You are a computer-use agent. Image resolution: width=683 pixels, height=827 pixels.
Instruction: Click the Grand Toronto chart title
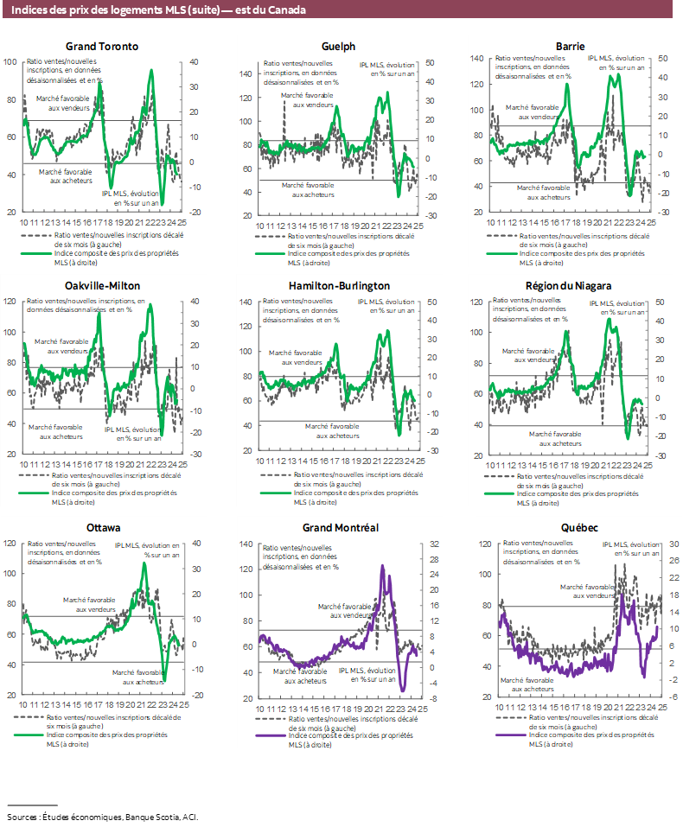pyautogui.click(x=102, y=47)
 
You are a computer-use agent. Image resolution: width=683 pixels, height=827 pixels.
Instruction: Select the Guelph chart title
pyautogui.click(x=337, y=47)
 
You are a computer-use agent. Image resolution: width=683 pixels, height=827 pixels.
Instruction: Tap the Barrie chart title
pyautogui.click(x=571, y=45)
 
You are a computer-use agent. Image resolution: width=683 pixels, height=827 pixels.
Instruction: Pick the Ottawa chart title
pyautogui.click(x=102, y=527)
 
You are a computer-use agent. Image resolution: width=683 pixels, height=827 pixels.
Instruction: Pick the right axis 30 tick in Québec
pyautogui.click(x=664, y=544)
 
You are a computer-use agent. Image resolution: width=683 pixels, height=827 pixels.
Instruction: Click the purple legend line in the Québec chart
pyautogui.click(x=511, y=735)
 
